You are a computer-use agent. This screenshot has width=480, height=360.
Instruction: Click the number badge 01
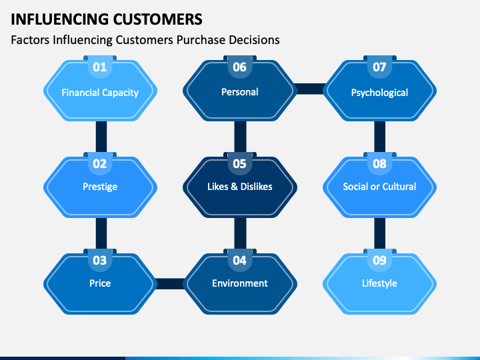coord(100,67)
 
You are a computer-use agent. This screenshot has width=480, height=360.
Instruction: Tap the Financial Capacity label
coord(100,93)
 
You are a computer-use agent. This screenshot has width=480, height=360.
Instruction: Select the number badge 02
coord(100,164)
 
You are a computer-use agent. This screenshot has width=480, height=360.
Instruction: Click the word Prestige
coord(100,187)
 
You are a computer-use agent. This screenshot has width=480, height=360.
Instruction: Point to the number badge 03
coord(100,261)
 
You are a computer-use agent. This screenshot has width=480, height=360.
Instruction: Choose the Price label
coord(100,283)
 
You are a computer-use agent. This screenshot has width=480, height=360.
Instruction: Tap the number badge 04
coord(239,261)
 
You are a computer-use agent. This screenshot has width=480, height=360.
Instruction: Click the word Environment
coord(239,283)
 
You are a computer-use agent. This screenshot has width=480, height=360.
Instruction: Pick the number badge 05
coord(239,164)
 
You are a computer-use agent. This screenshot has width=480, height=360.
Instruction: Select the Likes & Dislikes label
coord(239,187)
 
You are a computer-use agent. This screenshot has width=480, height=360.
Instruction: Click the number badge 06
coord(239,67)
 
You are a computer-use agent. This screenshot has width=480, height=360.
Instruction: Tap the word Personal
coord(239,92)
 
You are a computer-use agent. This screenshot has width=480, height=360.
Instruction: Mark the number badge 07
coord(379,67)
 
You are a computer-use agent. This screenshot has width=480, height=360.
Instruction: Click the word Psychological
coord(379,93)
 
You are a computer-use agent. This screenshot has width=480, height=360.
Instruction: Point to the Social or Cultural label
coord(379,187)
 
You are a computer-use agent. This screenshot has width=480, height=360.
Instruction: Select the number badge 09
coord(379,261)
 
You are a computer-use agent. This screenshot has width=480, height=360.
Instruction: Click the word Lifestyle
coord(379,283)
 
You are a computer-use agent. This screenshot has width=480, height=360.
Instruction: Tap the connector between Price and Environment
coord(170,283)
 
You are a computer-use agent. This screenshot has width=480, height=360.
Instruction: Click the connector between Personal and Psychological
coord(309,88)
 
